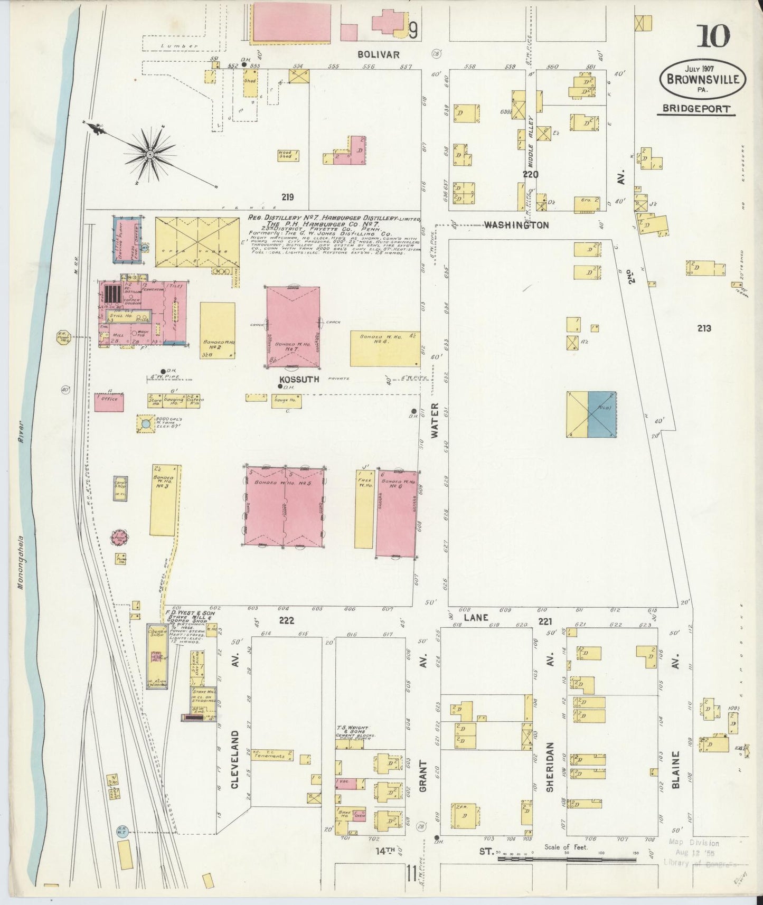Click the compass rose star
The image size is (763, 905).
click(150, 154)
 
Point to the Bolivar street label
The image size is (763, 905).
click(378, 54)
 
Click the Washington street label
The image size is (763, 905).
click(516, 225)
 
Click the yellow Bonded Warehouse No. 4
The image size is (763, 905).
click(385, 348)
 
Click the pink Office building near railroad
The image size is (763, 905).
click(109, 402)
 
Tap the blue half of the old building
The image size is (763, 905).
click(601, 414)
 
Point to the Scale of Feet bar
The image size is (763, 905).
click(567, 860)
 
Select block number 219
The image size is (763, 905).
click(287, 197)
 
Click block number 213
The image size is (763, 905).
click(703, 328)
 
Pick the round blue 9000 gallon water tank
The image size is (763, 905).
click(145, 423)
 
